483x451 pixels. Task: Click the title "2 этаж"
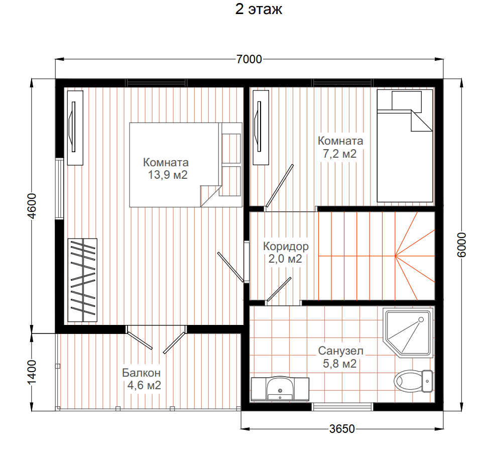[x=259, y=9]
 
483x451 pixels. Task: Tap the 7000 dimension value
[x=249, y=59]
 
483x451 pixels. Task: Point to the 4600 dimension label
[x=32, y=206]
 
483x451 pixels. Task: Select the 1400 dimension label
[x=32, y=373]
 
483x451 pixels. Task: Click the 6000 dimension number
[x=461, y=245]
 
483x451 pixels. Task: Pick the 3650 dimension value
[x=342, y=429]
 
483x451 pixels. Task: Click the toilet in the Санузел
[x=413, y=381]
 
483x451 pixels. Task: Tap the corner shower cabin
[x=408, y=332]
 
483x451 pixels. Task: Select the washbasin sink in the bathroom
[x=280, y=389]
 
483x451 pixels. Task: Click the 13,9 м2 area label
[x=168, y=175]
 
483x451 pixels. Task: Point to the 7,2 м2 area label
[x=339, y=153]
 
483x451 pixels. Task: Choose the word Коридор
[x=286, y=246]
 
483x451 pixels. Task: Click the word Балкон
[x=142, y=373]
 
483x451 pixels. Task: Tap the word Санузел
[x=341, y=351]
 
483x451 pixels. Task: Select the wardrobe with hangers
[x=82, y=280]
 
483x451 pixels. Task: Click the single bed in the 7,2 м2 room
[x=405, y=146]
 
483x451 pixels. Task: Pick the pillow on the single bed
[x=407, y=102]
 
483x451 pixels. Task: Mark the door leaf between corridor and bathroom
[x=279, y=289]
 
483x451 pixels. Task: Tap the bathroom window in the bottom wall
[x=342, y=407]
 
